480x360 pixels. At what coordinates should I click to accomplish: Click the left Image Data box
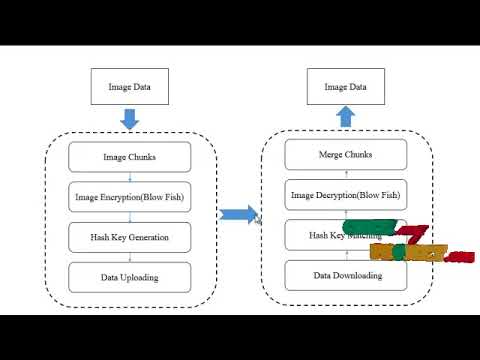129,87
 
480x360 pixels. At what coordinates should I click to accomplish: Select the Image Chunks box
129,157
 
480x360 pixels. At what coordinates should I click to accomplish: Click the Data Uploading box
129,277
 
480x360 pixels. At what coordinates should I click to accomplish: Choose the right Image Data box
346,87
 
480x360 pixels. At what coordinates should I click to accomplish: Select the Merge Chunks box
346,155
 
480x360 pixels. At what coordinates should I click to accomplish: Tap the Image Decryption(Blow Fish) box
346,194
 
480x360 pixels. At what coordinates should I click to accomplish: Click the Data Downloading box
346,275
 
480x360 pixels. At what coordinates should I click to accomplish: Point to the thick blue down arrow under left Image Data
129,120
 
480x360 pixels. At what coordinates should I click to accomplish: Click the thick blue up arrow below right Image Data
346,118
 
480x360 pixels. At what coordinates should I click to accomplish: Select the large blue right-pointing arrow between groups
238,214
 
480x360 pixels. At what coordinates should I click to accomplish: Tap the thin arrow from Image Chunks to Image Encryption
129,176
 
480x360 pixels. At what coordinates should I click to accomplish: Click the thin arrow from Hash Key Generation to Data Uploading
129,257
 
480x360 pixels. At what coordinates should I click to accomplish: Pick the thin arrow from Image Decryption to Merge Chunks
346,175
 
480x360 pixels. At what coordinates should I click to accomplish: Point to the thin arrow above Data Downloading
346,255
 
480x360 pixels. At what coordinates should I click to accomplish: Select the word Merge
332,155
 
